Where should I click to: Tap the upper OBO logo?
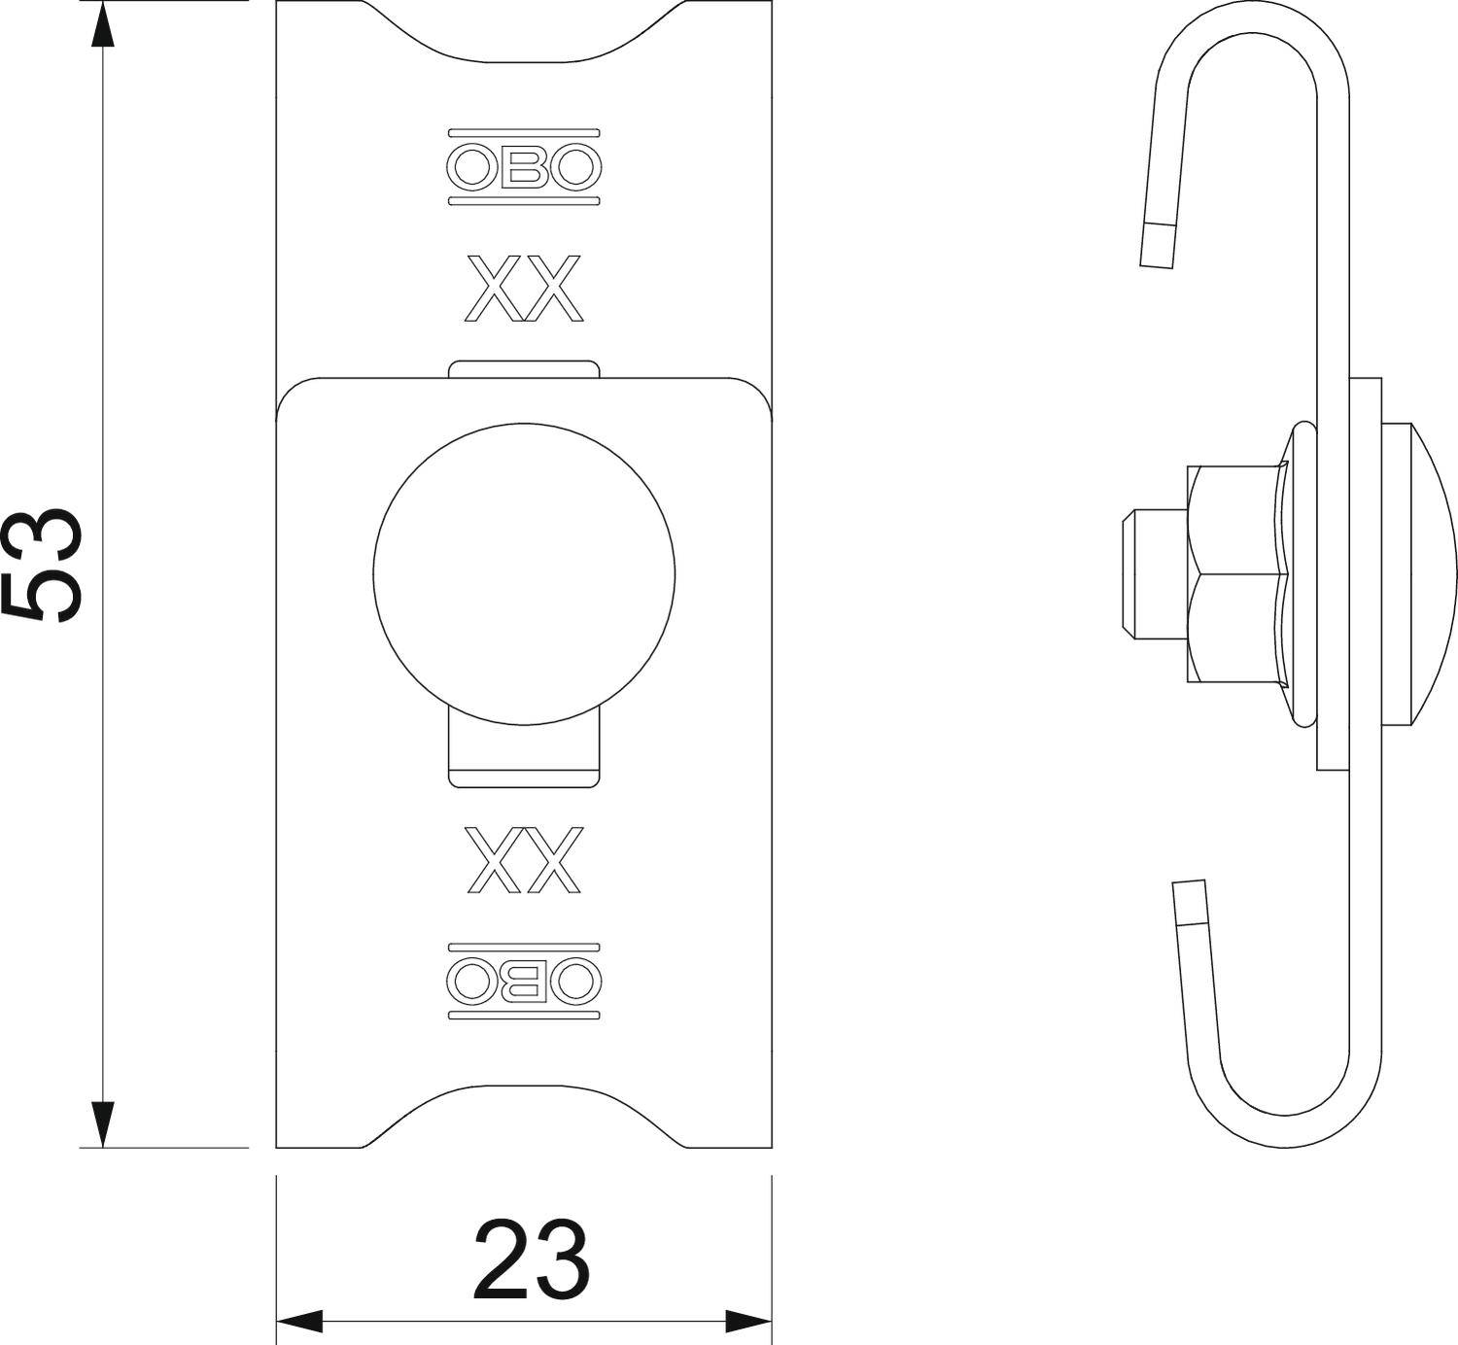point(524,167)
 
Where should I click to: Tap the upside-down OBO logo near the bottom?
point(524,981)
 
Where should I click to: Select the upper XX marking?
point(524,288)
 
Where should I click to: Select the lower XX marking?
point(524,859)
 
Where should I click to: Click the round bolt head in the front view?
point(524,573)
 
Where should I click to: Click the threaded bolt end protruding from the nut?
point(1152,575)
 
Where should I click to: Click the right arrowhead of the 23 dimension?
point(749,1321)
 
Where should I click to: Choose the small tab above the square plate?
point(524,367)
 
